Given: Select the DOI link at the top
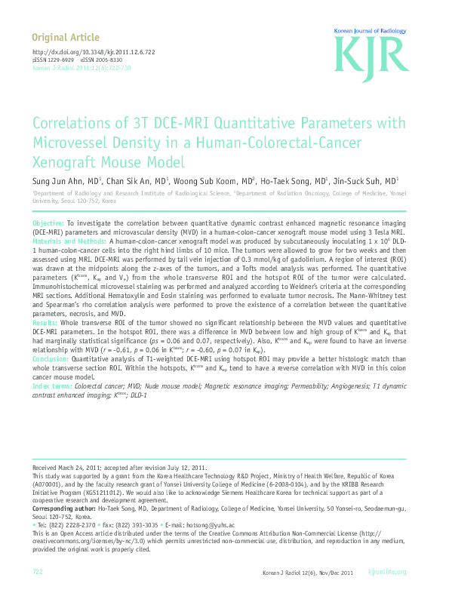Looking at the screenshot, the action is pyautogui.click(x=82, y=52).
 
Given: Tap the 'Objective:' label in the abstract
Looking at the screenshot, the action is pyautogui.click(x=48, y=225).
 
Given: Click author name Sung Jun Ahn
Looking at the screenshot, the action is pyautogui.click(x=59, y=182).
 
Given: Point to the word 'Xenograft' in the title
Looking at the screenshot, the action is pyautogui.click(x=66, y=161).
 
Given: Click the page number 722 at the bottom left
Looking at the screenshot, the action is pyautogui.click(x=38, y=572).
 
